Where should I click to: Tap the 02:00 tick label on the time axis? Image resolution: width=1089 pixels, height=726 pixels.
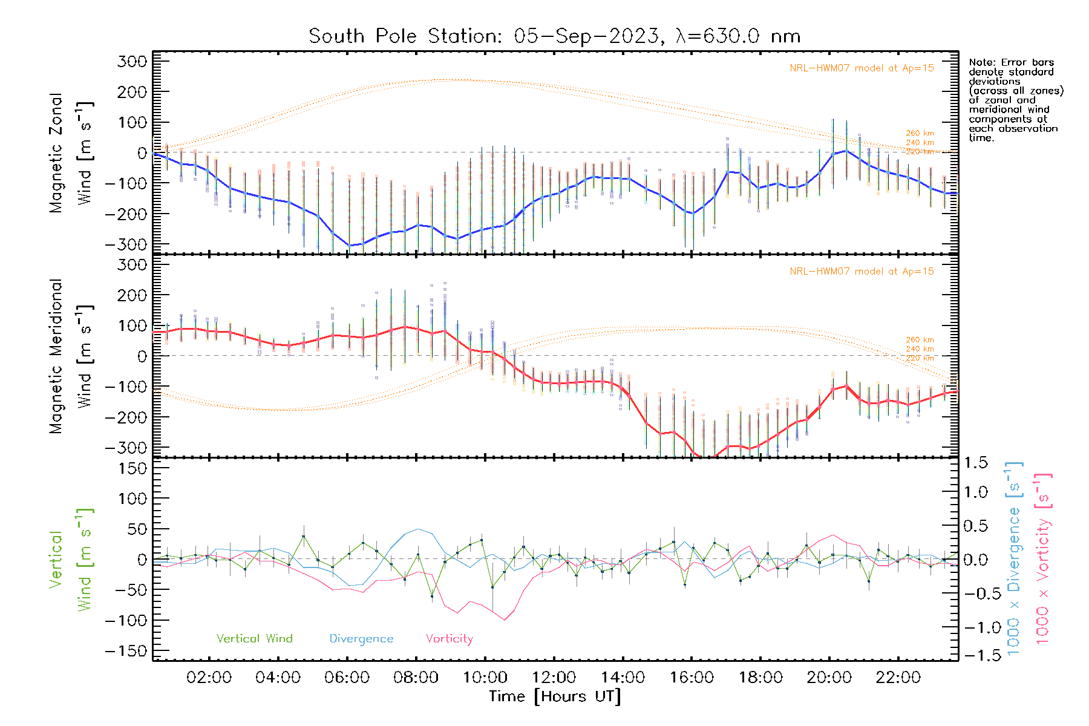(x=209, y=678)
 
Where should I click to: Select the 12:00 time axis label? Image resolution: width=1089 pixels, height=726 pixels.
(x=554, y=678)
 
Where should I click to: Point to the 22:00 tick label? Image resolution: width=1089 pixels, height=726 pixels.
(x=898, y=678)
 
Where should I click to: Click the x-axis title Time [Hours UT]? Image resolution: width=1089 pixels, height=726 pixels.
(x=554, y=696)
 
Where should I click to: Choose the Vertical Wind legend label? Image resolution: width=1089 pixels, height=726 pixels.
(x=254, y=638)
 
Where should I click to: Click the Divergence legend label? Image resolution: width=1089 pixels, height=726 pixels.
(x=361, y=638)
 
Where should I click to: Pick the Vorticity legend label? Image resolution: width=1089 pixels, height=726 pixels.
(x=449, y=638)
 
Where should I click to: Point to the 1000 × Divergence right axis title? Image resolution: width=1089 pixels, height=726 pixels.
(x=1013, y=559)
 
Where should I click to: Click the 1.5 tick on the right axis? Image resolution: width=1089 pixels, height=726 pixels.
(x=976, y=463)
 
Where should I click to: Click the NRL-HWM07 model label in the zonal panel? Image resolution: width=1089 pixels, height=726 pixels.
(x=862, y=68)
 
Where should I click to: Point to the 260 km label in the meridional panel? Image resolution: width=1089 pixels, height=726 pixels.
(x=920, y=340)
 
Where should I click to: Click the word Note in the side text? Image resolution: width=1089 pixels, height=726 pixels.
(x=981, y=62)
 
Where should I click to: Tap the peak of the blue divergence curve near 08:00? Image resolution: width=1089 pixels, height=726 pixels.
(x=418, y=529)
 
